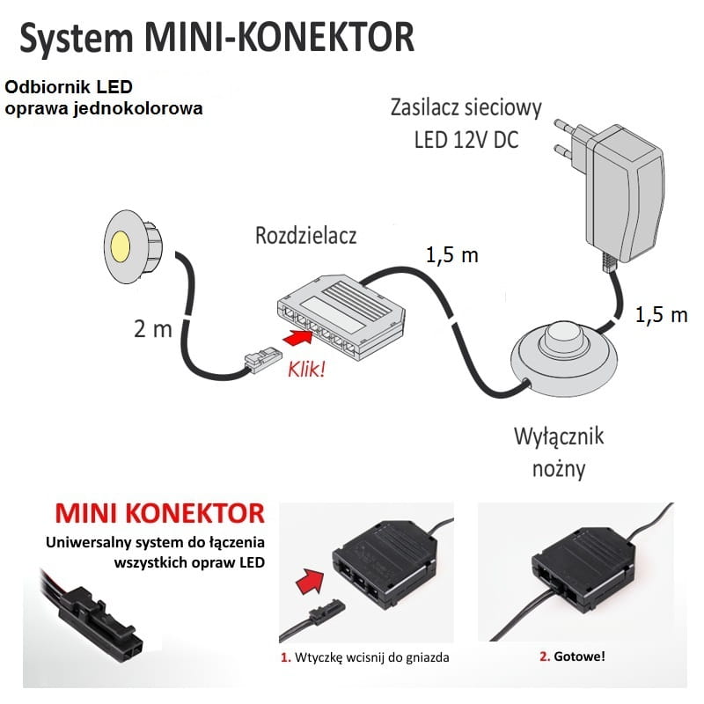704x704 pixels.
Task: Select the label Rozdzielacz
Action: tap(307, 236)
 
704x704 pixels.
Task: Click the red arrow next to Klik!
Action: tap(297, 335)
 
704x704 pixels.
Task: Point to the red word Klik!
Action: tap(305, 368)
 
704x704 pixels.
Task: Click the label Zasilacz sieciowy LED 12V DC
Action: tap(466, 123)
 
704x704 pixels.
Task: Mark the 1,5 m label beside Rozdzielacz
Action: tap(452, 255)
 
